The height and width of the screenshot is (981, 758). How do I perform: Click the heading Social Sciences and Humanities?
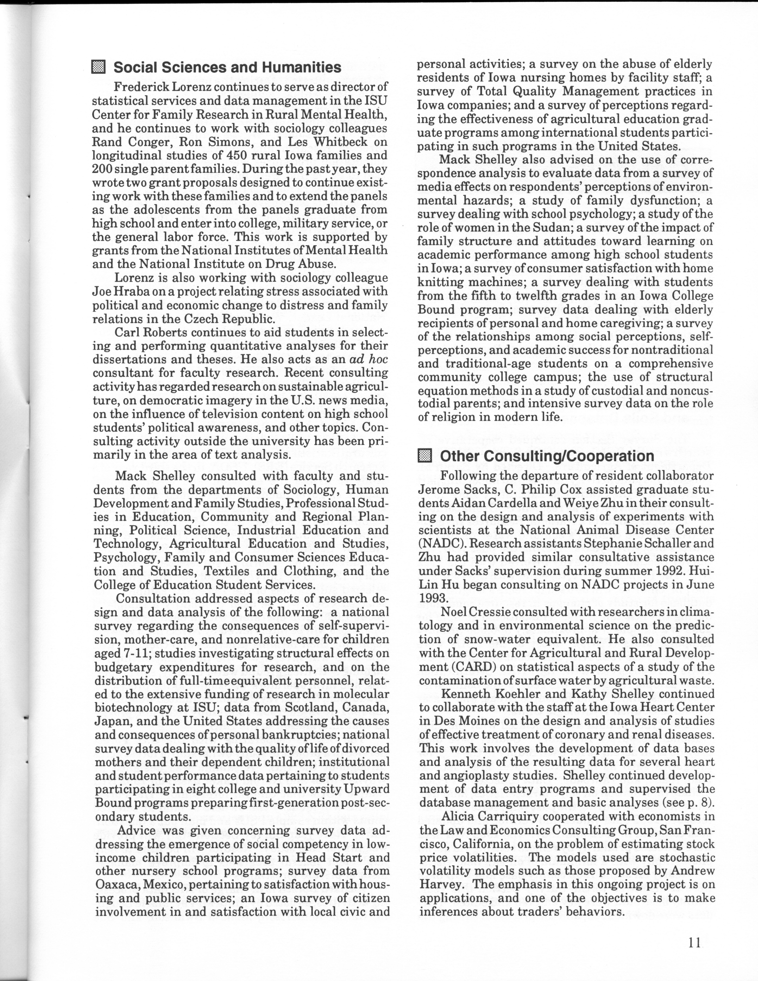pos(227,67)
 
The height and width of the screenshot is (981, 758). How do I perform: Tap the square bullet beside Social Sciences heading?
pos(98,67)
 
